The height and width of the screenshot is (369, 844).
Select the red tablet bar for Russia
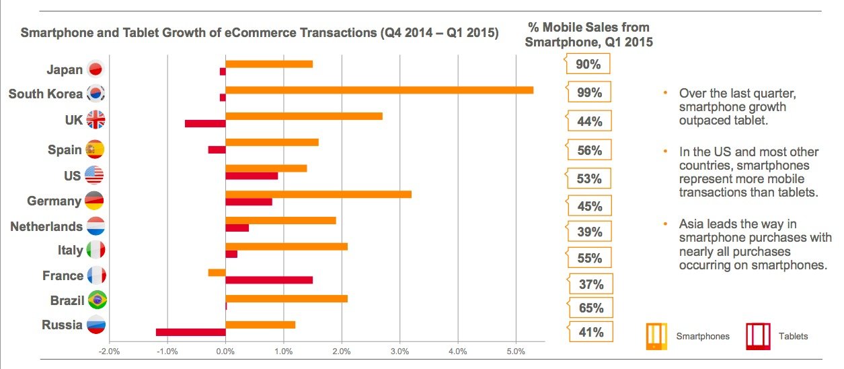tap(190, 332)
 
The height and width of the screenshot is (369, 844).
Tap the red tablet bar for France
tap(269, 280)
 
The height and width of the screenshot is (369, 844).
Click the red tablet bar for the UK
tap(205, 123)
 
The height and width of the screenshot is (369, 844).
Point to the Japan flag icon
tap(95, 70)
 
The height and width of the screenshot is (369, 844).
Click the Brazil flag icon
tap(97, 300)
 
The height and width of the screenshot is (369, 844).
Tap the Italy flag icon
tap(95, 250)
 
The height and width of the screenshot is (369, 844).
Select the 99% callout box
tap(590, 93)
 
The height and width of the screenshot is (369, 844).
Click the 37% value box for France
tap(590, 283)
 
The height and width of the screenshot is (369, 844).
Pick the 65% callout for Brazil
tap(590, 308)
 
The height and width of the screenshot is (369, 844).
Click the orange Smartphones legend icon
tap(656, 336)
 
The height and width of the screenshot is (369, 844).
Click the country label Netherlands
tap(46, 227)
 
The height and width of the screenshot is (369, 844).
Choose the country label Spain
tap(65, 149)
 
